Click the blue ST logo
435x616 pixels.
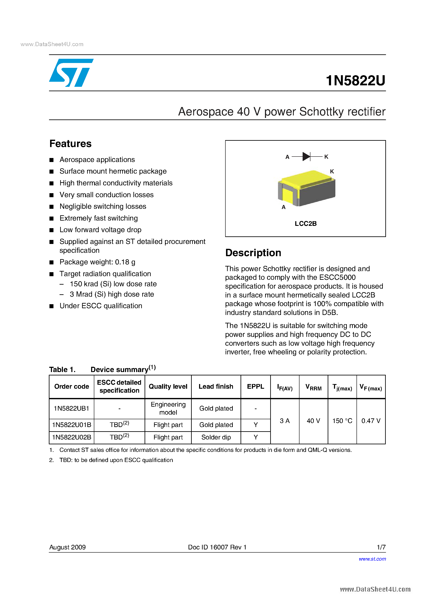point(71,73)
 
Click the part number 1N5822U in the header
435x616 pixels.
point(355,80)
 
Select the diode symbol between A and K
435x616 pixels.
point(306,156)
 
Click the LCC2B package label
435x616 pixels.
point(306,224)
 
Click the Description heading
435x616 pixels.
point(253,253)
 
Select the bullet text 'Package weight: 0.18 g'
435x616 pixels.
point(97,262)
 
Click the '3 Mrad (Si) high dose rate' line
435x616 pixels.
point(112,294)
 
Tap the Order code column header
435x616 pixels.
point(72,386)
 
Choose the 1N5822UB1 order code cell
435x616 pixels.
point(72,408)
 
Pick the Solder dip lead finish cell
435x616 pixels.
point(216,437)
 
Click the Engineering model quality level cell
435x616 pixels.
point(168,408)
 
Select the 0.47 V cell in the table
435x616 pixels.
point(371,421)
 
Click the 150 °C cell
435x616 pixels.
point(342,421)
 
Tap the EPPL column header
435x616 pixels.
point(255,386)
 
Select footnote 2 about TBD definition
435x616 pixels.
point(116,460)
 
